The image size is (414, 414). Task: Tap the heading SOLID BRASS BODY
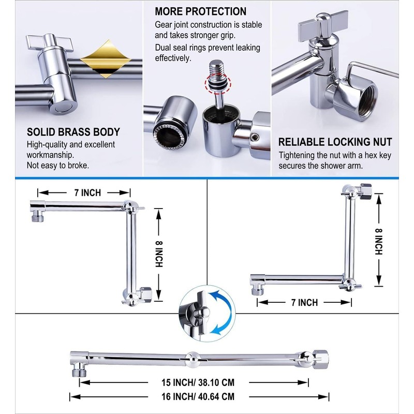tap(73, 132)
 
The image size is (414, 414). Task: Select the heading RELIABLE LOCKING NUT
tap(335, 142)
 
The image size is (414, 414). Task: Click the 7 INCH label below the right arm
tap(300, 302)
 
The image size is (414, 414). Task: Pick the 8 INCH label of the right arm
tap(379, 241)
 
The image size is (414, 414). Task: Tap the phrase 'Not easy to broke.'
tap(57, 166)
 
